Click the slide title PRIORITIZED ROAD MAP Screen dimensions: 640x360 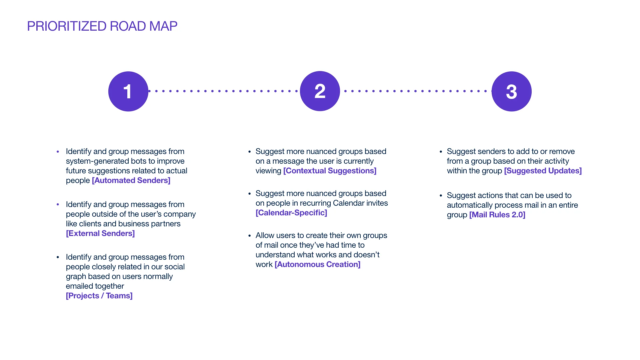[x=102, y=26]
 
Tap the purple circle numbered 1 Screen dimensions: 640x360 [x=128, y=91]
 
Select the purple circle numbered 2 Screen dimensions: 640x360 [x=320, y=91]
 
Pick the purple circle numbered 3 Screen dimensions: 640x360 [x=511, y=91]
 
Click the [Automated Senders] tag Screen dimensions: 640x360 [x=131, y=180]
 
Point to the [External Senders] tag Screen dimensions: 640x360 [x=100, y=233]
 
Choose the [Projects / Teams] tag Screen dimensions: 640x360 [x=99, y=296]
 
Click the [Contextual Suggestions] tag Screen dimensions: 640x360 [x=330, y=171]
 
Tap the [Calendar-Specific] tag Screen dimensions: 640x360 [x=291, y=213]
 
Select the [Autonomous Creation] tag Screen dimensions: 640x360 [x=317, y=264]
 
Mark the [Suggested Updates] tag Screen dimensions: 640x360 [x=543, y=171]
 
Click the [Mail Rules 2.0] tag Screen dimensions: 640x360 [x=497, y=215]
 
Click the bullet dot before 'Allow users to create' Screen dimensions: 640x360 [x=249, y=236]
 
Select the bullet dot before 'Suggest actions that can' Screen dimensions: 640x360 [x=441, y=196]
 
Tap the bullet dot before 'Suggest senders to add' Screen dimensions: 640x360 [x=441, y=152]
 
